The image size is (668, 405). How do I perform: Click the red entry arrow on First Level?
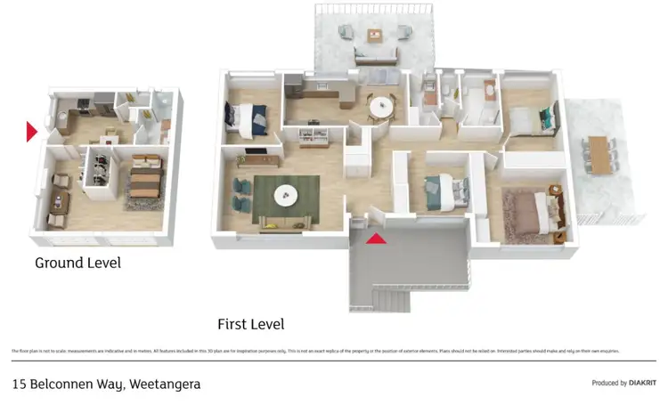click(x=377, y=238)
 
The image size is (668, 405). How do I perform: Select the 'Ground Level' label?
click(x=77, y=263)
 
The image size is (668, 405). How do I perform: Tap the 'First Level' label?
click(x=251, y=324)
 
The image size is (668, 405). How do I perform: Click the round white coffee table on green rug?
click(x=286, y=195)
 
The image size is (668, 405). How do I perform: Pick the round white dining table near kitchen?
click(x=380, y=106)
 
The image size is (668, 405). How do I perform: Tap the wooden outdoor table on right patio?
click(x=602, y=155)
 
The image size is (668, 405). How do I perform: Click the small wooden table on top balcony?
click(x=375, y=36)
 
